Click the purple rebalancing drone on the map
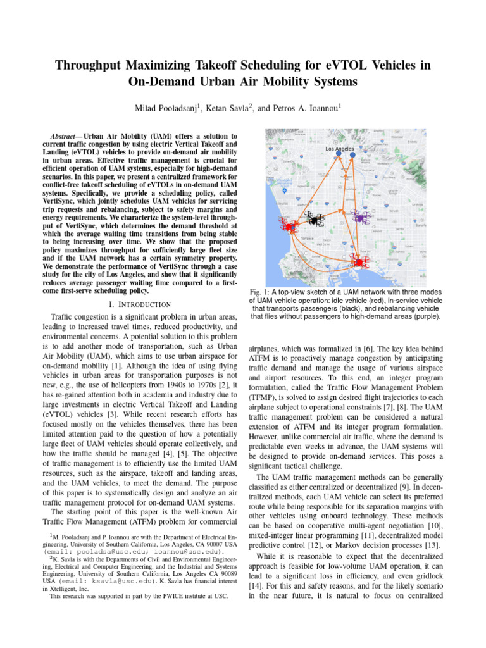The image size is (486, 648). [x=360, y=218]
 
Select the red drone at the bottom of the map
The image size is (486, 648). [x=358, y=261]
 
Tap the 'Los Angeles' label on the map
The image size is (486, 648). [x=340, y=149]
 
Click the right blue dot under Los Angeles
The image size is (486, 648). [x=353, y=154]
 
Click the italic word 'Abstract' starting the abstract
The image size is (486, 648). [x=64, y=136]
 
